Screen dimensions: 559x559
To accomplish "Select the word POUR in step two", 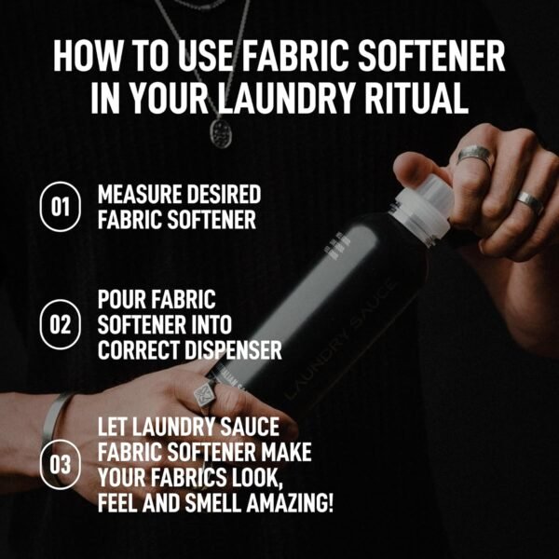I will pos(124,301).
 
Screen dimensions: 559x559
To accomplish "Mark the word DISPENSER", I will pos(230,351).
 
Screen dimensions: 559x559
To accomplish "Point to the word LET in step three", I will pos(115,428).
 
